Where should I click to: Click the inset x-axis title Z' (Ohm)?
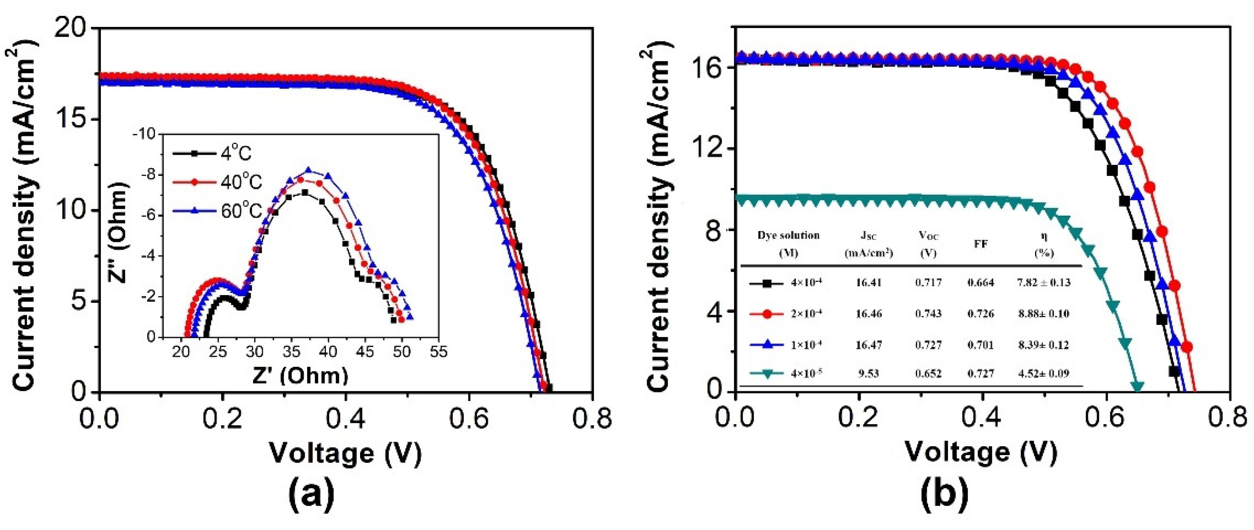300,376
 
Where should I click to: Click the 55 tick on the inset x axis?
439,352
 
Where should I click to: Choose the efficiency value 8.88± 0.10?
1043,314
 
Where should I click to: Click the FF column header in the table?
981,244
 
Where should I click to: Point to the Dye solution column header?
788,243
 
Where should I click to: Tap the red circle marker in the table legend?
766,314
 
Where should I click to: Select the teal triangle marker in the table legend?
766,374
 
